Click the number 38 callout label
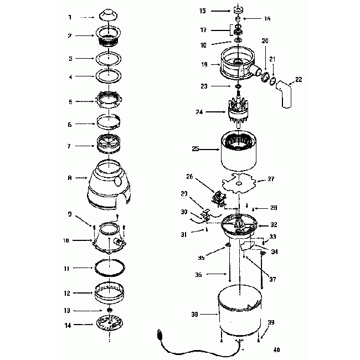click(194, 314)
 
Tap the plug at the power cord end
click(160, 335)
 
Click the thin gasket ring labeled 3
click(109, 58)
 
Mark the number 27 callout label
click(271, 179)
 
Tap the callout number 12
click(68, 294)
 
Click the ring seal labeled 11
click(109, 268)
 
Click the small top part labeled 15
click(239, 9)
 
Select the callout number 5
click(70, 101)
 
